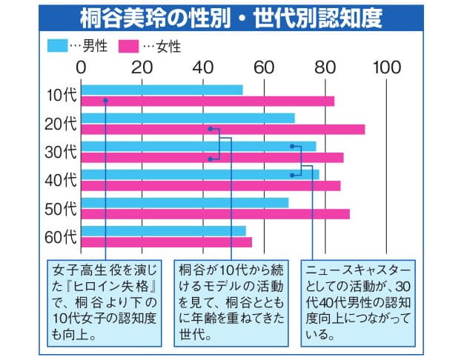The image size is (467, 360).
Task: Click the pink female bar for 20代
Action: tap(222, 130)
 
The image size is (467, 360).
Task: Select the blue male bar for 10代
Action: tap(162, 90)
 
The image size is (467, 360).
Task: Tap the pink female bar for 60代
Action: tap(167, 242)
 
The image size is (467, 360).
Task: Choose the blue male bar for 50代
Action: tap(185, 203)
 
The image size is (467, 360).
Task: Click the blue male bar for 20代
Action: tap(188, 119)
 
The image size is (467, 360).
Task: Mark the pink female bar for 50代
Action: tap(215, 214)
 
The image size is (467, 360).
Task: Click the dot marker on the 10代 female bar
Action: tap(107, 101)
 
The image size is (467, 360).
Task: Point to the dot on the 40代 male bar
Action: tap(293, 175)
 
